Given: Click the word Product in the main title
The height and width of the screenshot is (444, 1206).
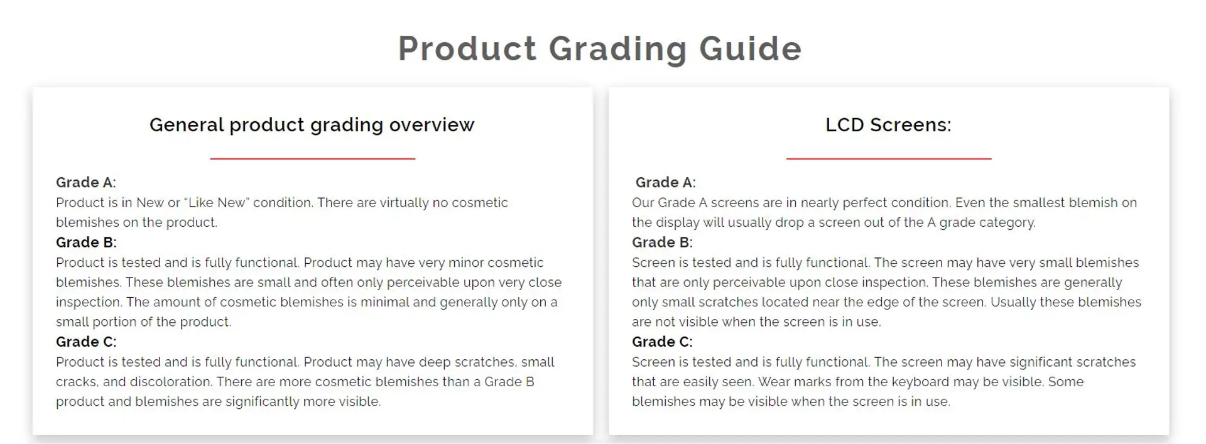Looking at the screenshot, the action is tap(467, 48).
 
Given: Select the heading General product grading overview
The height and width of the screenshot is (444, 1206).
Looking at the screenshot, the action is tap(312, 125).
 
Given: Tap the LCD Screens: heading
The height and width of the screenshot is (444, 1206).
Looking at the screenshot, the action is tap(888, 125).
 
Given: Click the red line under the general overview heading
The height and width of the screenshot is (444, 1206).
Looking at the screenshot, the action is tap(313, 159).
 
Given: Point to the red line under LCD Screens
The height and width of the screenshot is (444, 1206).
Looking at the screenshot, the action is tap(889, 159).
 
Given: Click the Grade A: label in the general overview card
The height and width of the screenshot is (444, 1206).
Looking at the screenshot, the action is tap(86, 182).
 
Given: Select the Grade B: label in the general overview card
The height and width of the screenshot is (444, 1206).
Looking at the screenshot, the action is tap(86, 242).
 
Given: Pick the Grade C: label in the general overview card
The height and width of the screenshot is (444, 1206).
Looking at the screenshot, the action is tap(86, 342).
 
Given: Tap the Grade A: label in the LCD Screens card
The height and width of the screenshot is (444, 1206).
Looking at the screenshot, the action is tap(666, 182).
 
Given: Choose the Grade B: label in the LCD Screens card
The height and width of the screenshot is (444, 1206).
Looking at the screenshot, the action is tap(662, 242).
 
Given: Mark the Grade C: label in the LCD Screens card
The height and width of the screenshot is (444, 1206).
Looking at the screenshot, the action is tap(662, 342).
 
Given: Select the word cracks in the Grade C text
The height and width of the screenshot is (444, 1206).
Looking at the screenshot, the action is tap(77, 382).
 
